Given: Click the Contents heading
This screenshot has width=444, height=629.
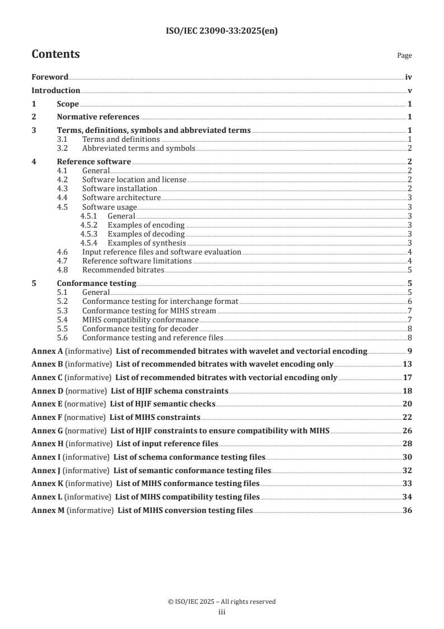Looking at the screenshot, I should coord(55,54).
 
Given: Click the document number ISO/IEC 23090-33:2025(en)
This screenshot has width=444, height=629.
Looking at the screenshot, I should coord(222,31).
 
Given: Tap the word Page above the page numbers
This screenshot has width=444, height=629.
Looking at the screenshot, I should coord(404,55).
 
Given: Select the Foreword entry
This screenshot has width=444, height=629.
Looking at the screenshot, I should coord(50,77).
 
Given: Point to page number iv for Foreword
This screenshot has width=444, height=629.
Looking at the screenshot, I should coord(409,77).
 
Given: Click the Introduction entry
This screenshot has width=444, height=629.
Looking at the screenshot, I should coord(55,90).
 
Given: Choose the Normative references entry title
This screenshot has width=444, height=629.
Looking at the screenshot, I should coord(98,117).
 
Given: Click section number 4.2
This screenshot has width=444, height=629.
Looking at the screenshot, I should coord(63,179).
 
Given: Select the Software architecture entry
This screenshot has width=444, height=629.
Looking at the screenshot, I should coord(121,198).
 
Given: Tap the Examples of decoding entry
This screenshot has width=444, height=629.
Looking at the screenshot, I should coord(146,234).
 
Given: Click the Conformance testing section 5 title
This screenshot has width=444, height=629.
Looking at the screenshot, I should coord(96,283).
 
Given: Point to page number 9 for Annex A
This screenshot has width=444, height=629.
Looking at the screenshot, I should coord(410,351).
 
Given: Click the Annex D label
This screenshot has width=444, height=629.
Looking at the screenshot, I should coord(48,390).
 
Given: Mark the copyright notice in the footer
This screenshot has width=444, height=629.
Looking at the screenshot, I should coord(222,602).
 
